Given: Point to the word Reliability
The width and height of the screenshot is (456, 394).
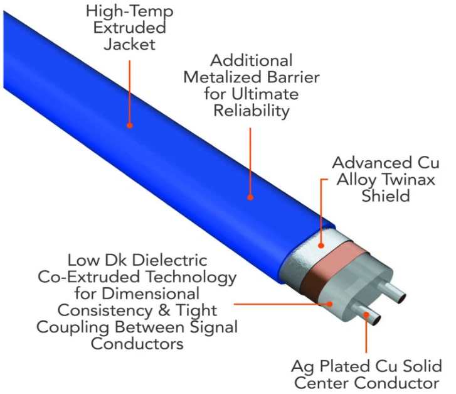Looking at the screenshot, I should coord(252,111).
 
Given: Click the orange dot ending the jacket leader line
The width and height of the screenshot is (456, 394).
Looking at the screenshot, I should coord(130,125).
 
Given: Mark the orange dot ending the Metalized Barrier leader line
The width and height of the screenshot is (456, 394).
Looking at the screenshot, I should coord(250,197).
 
